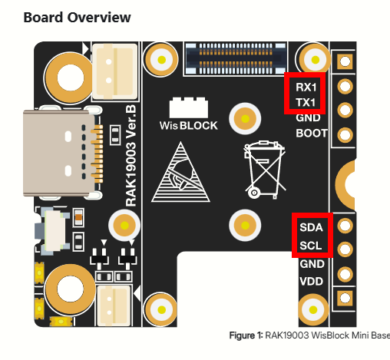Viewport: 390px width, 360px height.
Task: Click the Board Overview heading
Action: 77,18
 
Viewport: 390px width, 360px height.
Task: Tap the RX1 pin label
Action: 306,88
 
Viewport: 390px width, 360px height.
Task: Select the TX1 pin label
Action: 306,103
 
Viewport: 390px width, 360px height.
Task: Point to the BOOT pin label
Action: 312,134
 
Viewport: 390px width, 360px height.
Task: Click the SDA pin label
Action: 311,227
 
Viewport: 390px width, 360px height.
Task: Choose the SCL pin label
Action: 311,246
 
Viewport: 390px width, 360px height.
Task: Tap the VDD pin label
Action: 311,282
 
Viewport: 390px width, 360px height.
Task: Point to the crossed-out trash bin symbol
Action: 265,170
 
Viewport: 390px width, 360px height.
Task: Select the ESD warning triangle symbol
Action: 180,172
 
